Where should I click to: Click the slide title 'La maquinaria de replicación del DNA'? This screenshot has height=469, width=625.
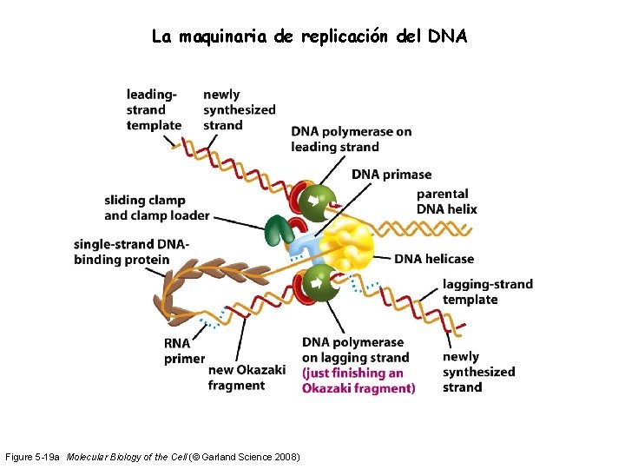pos(309,36)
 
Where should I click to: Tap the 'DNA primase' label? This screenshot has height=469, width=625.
pos(391,175)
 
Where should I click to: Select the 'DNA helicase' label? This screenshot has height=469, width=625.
pos(434,259)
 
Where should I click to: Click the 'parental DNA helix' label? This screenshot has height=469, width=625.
pos(446,201)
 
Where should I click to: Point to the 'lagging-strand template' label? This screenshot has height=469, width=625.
pos(487,292)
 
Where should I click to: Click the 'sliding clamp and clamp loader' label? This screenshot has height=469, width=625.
pos(156,208)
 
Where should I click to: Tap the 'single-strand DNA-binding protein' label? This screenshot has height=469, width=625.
pos(131,252)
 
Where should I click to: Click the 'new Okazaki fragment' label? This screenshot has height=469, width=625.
pos(247,378)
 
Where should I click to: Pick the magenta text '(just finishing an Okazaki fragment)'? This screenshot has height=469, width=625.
pos(358,380)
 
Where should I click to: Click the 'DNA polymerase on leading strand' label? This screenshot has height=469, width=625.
pos(351,139)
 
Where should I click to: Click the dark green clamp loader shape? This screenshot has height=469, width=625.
pos(278,230)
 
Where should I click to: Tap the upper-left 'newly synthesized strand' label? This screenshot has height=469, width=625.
pos(239,109)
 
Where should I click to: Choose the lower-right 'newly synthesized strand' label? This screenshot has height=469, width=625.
pos(478,372)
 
